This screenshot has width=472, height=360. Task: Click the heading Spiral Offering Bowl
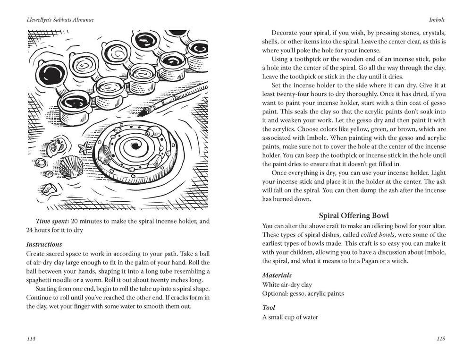[x=354, y=215]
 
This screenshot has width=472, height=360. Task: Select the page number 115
[x=441, y=338]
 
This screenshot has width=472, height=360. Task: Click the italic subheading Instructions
[x=44, y=244]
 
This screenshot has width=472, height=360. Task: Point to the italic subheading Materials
[x=277, y=275]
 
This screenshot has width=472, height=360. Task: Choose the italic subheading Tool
[x=269, y=308]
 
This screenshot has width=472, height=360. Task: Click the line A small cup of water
[x=290, y=317]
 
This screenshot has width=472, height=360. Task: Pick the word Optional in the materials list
[x=276, y=293]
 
